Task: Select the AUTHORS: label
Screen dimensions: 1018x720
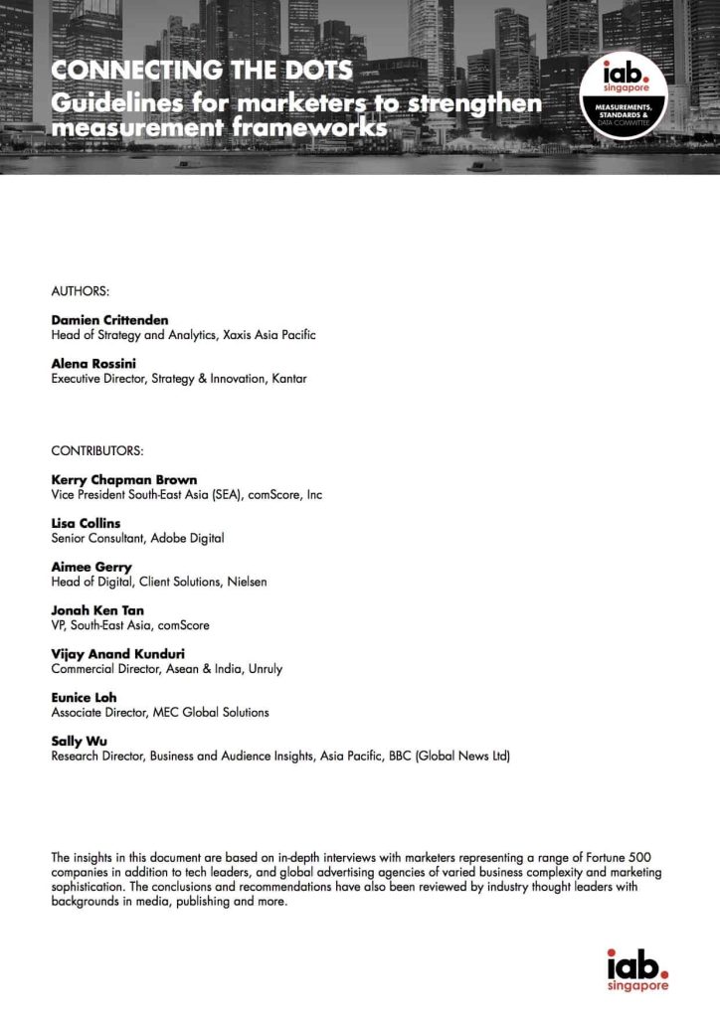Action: [80, 292]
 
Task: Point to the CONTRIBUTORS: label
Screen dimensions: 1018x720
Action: [97, 451]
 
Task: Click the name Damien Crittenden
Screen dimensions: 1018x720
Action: [110, 320]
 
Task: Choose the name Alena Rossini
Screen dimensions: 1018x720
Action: [92, 364]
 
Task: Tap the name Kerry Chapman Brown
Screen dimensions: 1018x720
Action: [123, 479]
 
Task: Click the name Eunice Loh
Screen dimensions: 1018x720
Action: [84, 698]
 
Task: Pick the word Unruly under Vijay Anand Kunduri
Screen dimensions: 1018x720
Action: [263, 669]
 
